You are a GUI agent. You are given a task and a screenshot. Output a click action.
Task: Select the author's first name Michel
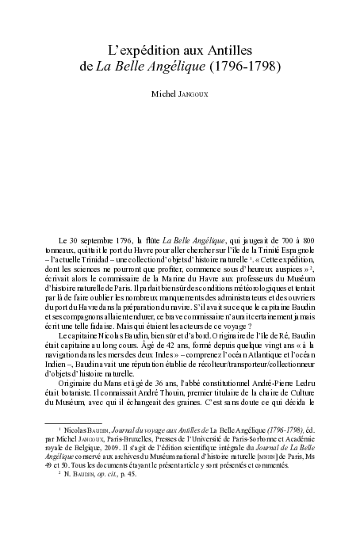pyautogui.click(x=165, y=95)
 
